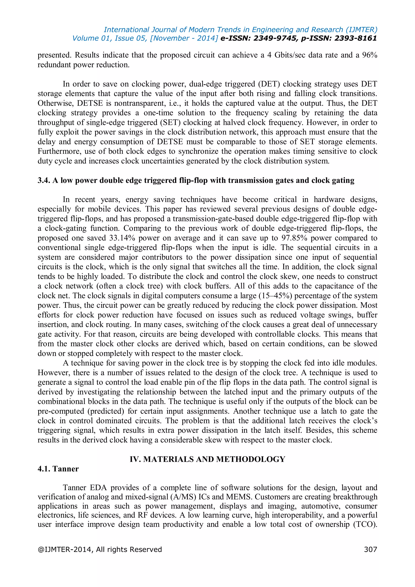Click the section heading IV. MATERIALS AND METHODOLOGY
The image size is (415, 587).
click(207, 459)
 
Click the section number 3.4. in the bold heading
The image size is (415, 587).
click(44, 180)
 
